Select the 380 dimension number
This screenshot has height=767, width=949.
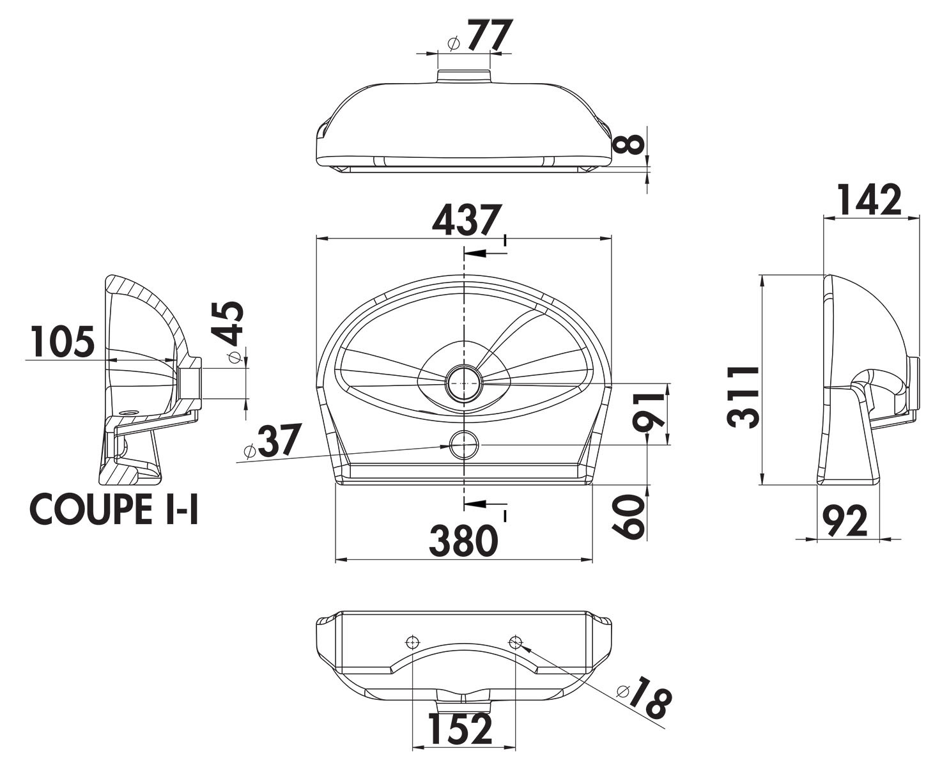pos(463,540)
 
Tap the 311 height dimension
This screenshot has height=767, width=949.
pos(743,397)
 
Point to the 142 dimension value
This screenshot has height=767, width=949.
pos(870,199)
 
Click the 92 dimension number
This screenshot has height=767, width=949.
pos(845,520)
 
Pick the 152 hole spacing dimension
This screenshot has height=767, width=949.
pos(459,729)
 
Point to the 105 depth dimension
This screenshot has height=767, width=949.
pos(63,341)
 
